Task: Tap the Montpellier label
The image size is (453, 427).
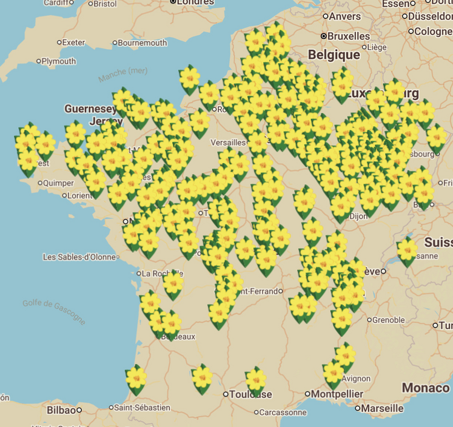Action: click(338, 394)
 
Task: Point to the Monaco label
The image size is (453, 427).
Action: click(426, 388)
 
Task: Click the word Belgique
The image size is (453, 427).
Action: click(334, 55)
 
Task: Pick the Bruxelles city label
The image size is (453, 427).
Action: click(349, 36)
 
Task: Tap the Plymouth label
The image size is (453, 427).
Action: click(59, 61)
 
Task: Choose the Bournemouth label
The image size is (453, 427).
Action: click(142, 43)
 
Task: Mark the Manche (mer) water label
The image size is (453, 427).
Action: click(123, 75)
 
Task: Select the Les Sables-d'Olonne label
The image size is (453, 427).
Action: click(79, 257)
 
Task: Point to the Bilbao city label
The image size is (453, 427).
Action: click(62, 411)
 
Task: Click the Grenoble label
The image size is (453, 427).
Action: click(388, 320)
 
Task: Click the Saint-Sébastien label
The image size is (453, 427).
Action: click(143, 408)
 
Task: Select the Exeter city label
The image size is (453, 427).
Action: click(74, 42)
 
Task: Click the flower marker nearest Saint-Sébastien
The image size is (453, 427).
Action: click(136, 378)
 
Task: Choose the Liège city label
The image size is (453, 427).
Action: click(377, 47)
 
